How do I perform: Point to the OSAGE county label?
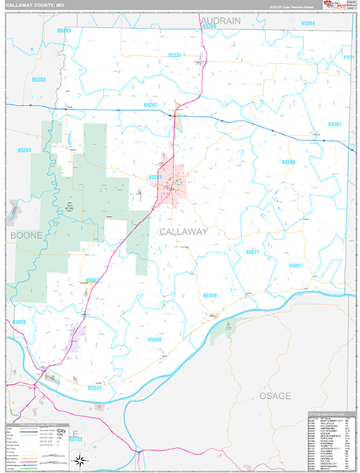275,395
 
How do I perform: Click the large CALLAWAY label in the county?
183,232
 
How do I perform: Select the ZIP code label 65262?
151,105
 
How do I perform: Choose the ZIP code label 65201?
24,150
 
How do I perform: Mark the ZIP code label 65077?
252,251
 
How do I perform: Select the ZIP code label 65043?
95,387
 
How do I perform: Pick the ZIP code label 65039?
20,322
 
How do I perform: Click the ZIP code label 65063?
92,280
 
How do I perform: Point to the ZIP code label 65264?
307,24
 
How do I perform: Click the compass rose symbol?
79,460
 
